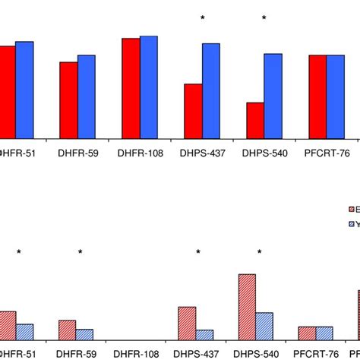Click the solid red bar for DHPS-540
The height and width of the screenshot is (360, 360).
coord(254,120)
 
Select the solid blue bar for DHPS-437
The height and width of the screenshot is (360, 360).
coord(210,90)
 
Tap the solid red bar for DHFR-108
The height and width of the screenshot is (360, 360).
coord(131,88)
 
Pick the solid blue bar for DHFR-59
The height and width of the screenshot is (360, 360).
coord(86,96)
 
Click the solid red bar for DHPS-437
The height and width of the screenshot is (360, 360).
coord(193,111)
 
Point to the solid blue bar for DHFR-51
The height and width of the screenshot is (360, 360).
coord(24,90)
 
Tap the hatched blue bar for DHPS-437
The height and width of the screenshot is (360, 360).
coord(204,334)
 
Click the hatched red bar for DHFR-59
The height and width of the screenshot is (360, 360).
coord(67,330)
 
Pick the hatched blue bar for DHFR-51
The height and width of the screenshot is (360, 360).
coord(25,331)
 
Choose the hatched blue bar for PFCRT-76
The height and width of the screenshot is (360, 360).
coord(324,333)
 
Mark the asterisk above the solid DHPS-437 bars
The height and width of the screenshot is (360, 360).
coord(202,17)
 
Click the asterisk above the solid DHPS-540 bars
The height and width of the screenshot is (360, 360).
coord(264,17)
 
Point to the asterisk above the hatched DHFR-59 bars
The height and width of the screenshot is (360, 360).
coord(79,253)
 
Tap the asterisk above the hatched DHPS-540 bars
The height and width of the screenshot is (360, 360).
coord(259,253)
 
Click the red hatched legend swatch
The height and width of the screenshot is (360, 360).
coord(351,209)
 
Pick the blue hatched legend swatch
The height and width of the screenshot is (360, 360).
coord(351,224)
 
